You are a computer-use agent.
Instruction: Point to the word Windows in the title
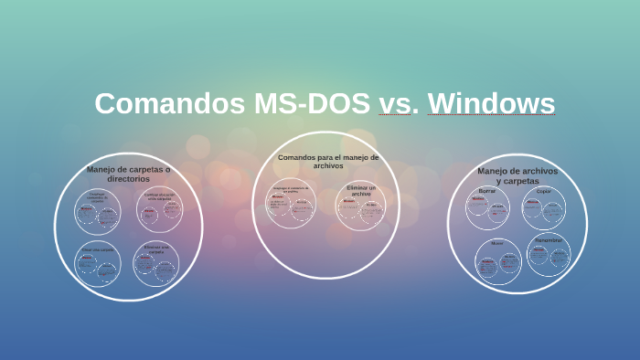[x=492, y=103]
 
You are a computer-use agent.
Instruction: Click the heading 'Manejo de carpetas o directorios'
[x=128, y=174]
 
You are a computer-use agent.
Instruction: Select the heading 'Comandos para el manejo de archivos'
[x=327, y=162]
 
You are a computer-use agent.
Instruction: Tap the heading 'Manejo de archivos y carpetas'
[x=517, y=175]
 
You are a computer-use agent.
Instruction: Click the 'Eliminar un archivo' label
[x=360, y=190]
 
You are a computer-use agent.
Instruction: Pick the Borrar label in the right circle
[x=487, y=191]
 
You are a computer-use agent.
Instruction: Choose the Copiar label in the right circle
[x=544, y=191]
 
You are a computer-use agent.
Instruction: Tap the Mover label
[x=496, y=243]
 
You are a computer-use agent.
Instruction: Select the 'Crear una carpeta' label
[x=98, y=249]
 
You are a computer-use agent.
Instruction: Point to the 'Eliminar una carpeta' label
[x=155, y=248]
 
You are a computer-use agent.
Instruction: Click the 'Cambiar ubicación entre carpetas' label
[x=159, y=196]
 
